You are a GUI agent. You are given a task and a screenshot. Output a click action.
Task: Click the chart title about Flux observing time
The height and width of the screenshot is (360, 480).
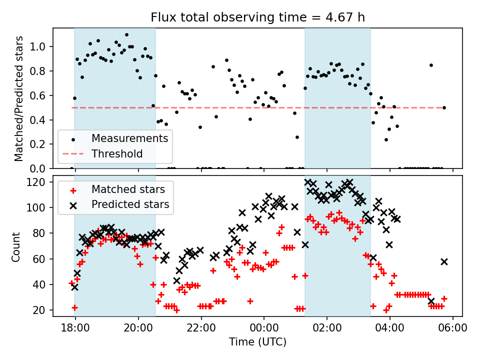[x=257, y=17]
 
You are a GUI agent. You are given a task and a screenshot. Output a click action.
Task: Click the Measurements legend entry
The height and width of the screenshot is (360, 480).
[x=129, y=138]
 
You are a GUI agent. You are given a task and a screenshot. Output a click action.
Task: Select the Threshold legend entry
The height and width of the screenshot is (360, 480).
[x=117, y=154]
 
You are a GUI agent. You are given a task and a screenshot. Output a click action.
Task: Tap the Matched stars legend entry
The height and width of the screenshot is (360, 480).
[x=128, y=189]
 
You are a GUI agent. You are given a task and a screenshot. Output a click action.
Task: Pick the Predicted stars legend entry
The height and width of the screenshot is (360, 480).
[x=130, y=204]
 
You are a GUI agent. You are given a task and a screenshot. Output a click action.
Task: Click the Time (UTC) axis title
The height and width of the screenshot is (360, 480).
[x=257, y=342]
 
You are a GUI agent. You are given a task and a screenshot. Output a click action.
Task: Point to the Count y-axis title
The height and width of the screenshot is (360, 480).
[x=16, y=246]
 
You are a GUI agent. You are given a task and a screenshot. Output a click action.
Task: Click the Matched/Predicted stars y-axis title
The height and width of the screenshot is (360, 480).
[x=19, y=98]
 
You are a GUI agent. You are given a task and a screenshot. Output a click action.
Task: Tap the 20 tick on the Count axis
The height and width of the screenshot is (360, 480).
[x=42, y=310]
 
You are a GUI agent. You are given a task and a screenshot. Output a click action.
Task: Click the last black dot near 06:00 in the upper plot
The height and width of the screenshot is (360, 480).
[x=444, y=107]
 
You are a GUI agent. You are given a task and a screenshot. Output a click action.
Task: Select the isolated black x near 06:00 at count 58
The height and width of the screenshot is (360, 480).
[x=444, y=261]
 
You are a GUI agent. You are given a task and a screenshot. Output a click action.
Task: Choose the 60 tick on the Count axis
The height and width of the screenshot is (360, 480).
[x=42, y=259]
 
